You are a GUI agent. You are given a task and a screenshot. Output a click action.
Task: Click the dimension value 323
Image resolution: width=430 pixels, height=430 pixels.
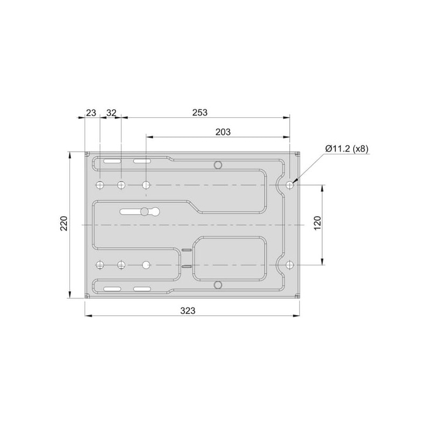(188, 311)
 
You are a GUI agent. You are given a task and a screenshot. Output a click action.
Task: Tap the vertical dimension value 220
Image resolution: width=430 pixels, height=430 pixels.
(63, 224)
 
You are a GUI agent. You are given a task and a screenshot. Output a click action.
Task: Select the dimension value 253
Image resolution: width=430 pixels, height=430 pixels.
(199, 112)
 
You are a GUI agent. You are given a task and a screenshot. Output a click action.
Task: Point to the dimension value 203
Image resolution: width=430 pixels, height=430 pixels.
(223, 132)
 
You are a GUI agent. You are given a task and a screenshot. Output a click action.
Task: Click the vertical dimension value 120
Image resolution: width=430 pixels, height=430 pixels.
(317, 223)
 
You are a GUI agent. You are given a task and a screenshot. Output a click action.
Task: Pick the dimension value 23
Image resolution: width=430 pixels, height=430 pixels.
(91, 112)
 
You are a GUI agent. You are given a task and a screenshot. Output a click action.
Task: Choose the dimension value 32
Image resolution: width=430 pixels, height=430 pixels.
(111, 112)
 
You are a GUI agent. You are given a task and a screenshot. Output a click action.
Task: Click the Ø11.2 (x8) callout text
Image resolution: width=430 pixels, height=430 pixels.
(347, 149)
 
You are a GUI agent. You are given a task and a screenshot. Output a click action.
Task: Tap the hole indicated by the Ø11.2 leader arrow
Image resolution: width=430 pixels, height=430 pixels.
(290, 185)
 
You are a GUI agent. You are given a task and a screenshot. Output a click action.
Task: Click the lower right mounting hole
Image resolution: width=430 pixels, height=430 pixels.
(290, 265)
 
